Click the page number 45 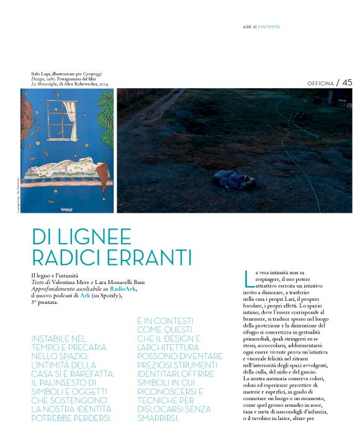(347, 83)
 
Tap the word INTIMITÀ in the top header (271, 27)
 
